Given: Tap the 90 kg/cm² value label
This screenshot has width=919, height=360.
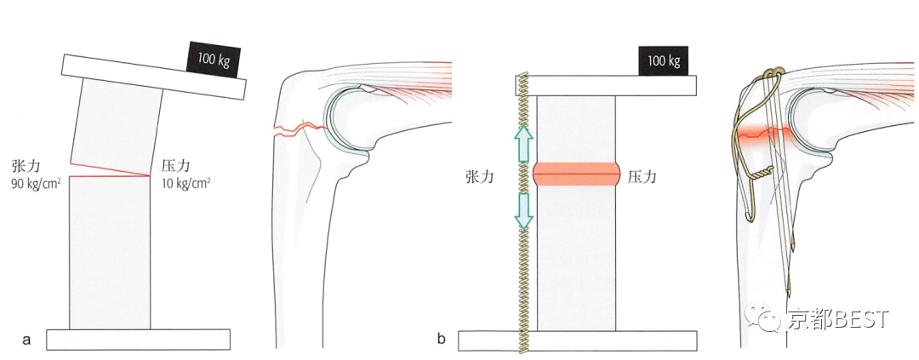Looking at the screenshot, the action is click(x=35, y=182).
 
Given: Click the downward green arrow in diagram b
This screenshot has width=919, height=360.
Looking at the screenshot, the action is click(x=523, y=211).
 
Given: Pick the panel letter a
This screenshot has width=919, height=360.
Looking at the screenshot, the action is click(x=26, y=340).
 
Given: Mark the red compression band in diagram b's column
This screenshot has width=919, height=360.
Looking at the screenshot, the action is click(x=576, y=174).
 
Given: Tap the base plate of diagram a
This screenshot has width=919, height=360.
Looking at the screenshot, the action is click(x=138, y=339).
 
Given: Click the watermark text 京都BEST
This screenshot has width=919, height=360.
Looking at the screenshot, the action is click(x=837, y=319).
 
